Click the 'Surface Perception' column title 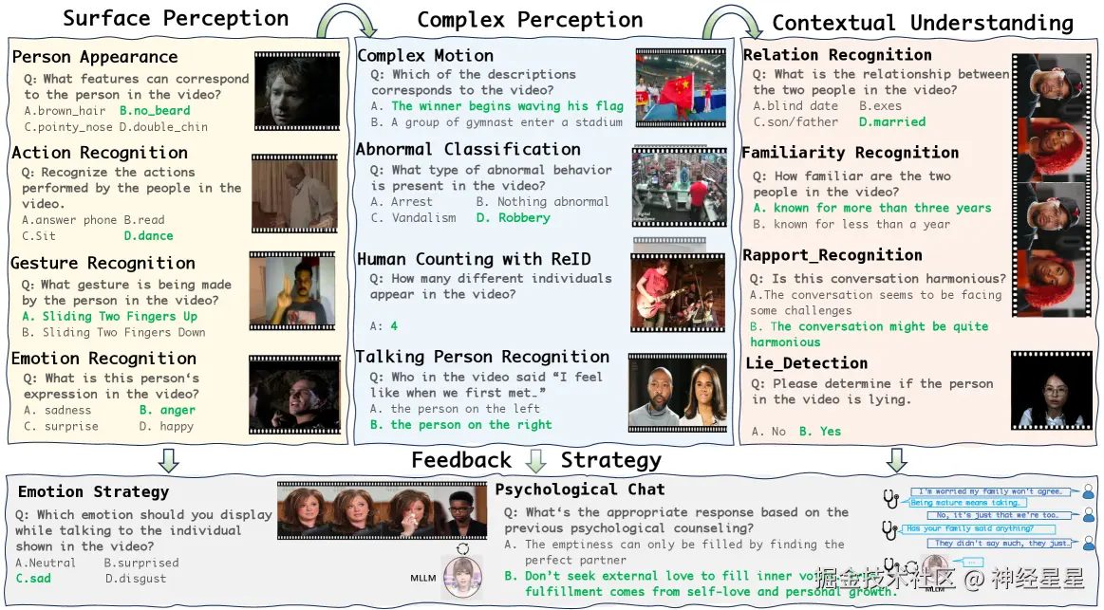point(175,18)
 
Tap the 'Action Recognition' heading point(100,153)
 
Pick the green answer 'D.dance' point(148,235)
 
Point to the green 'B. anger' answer point(167,410)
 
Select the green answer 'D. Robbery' point(512,217)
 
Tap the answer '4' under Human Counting point(393,325)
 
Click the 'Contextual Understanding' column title point(923,24)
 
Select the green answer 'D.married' point(891,121)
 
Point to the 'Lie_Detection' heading point(806,363)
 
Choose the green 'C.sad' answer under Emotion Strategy point(34,578)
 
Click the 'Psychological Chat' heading point(580,490)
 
